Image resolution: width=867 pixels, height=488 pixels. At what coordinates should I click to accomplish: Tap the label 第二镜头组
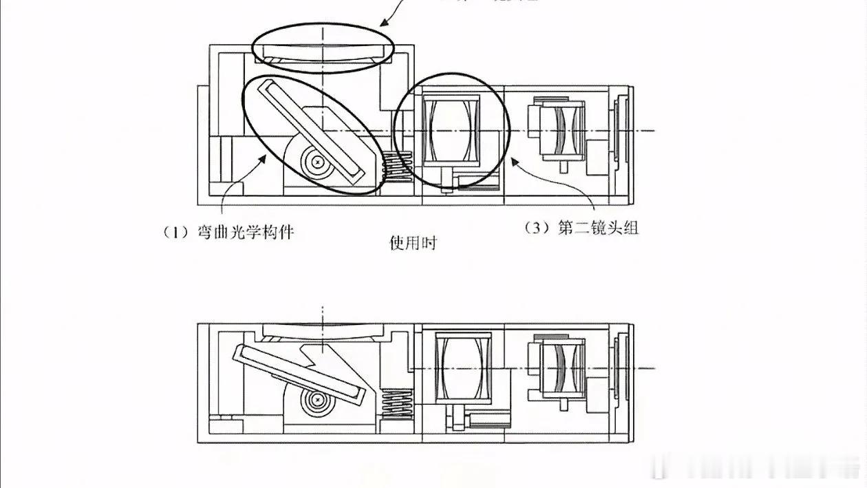598,228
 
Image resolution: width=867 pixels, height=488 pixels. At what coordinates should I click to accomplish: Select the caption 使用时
413,243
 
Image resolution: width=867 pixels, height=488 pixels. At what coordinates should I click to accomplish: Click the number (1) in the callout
175,232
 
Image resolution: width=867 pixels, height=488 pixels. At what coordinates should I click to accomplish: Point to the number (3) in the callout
537,228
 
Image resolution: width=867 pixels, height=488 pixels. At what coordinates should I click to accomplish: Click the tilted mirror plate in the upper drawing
310,131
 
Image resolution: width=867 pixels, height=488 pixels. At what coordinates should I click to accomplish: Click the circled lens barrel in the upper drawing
451,131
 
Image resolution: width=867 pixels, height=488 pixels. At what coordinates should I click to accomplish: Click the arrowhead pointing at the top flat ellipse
383,23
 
